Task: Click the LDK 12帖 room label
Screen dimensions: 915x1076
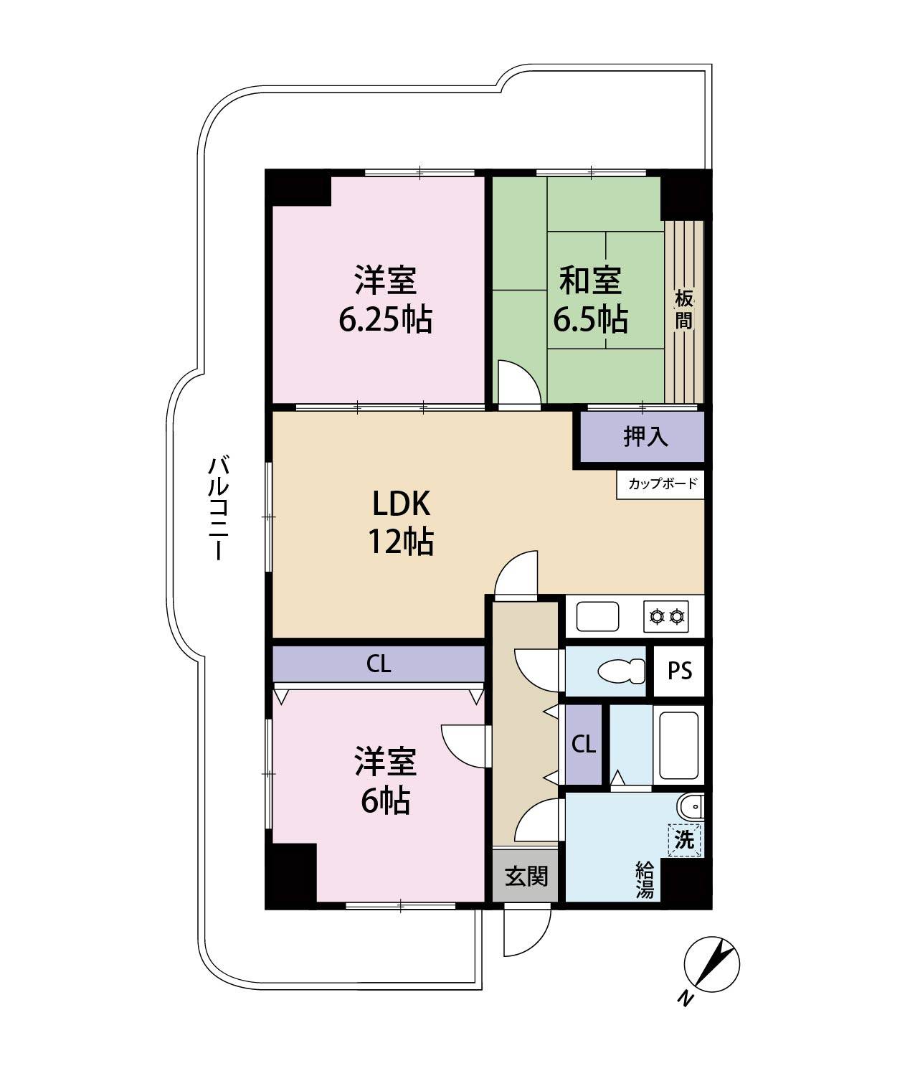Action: pyautogui.click(x=401, y=522)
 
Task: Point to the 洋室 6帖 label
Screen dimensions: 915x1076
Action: pyautogui.click(x=385, y=781)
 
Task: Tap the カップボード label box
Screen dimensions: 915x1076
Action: pyautogui.click(x=660, y=484)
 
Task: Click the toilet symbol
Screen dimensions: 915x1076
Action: pyautogui.click(x=622, y=671)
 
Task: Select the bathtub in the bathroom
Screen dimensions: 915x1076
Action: pyautogui.click(x=678, y=745)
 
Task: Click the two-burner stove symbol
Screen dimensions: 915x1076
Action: pyautogui.click(x=665, y=617)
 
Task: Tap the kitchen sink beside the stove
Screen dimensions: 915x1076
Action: pyautogui.click(x=597, y=617)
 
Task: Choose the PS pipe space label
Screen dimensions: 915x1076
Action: pyautogui.click(x=680, y=671)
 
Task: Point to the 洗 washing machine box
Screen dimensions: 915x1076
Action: pyautogui.click(x=685, y=840)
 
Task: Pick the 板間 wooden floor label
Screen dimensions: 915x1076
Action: pyautogui.click(x=684, y=311)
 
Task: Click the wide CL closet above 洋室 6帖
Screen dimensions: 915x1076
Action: pyautogui.click(x=379, y=664)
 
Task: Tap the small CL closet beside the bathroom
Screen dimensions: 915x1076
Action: pyautogui.click(x=584, y=745)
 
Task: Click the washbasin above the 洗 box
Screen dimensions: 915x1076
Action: pyautogui.click(x=691, y=808)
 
